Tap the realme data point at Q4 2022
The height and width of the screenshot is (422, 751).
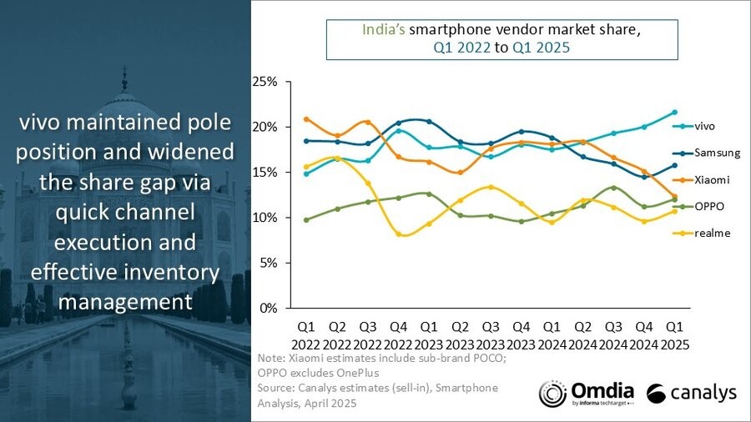pos(398,234)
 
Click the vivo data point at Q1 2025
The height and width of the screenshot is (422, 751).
pos(674,112)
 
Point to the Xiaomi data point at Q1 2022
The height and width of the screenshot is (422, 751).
pos(306,119)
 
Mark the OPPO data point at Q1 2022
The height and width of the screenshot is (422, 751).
pos(306,220)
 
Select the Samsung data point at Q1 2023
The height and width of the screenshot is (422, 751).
pos(429,122)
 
